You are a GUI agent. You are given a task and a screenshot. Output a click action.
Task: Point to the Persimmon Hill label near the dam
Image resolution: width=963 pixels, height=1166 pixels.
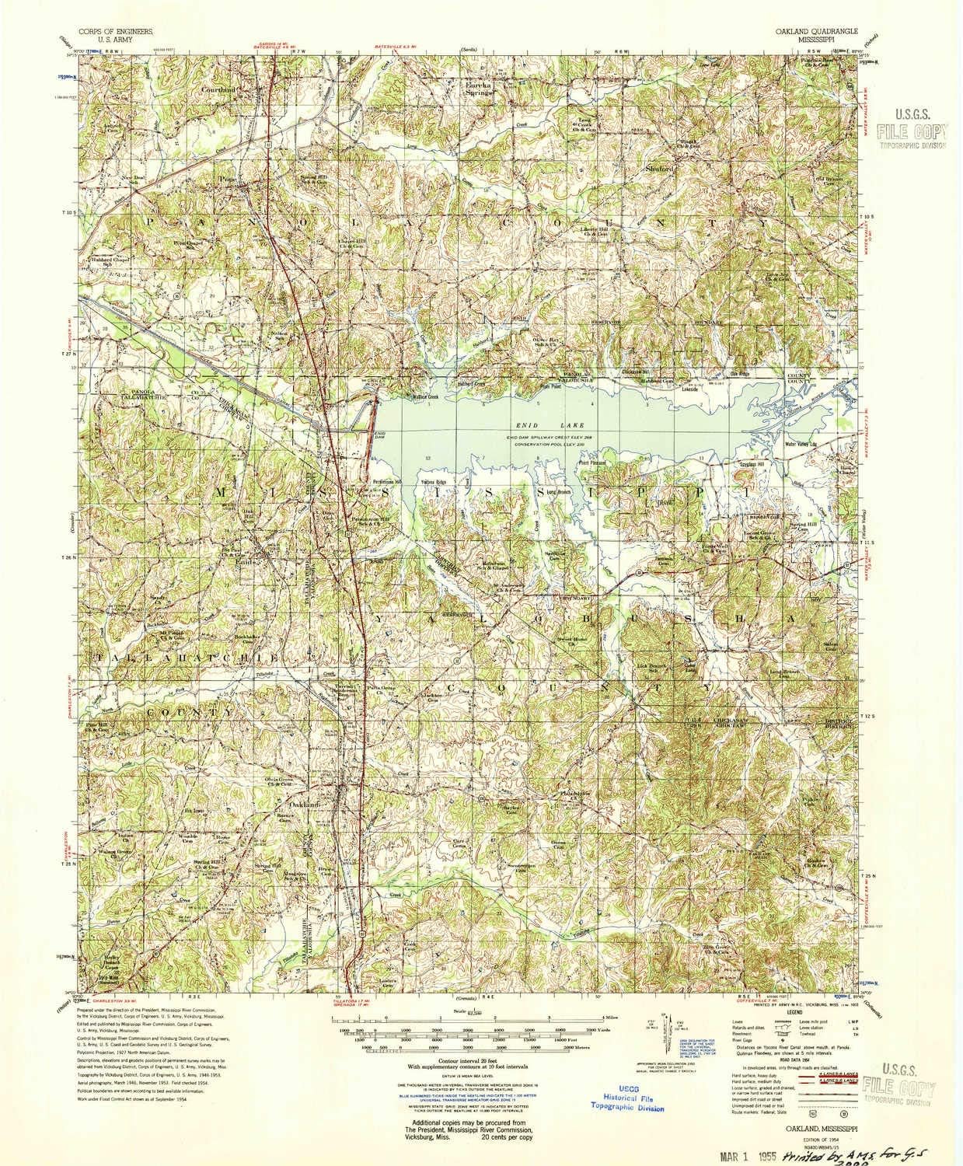386,481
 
